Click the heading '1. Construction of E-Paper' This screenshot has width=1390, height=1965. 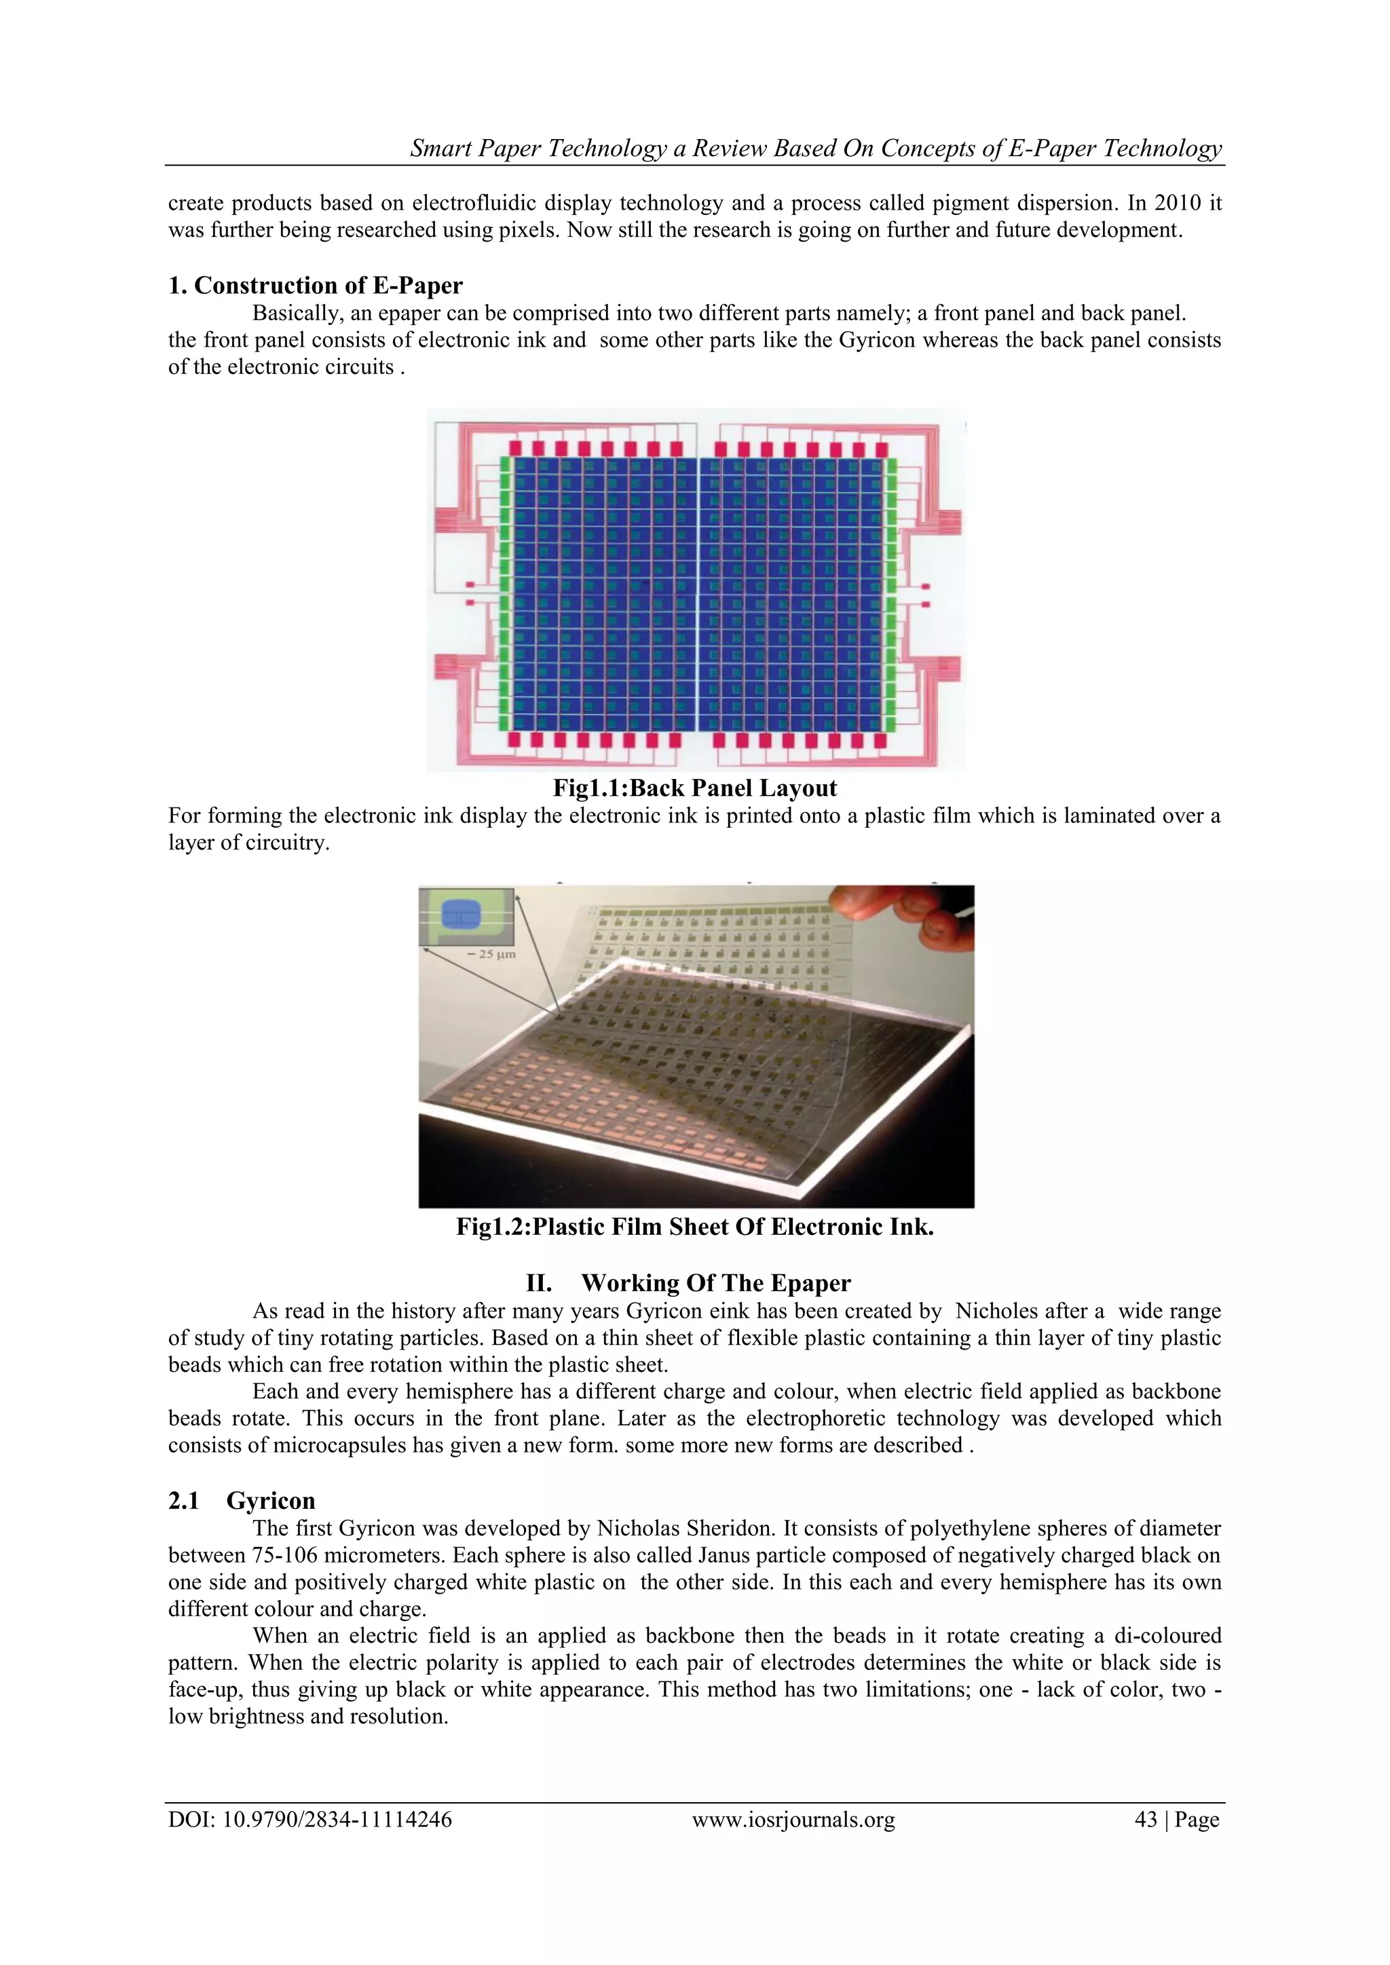point(315,285)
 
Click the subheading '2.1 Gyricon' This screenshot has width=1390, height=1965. point(242,1500)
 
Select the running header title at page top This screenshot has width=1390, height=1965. point(816,148)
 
